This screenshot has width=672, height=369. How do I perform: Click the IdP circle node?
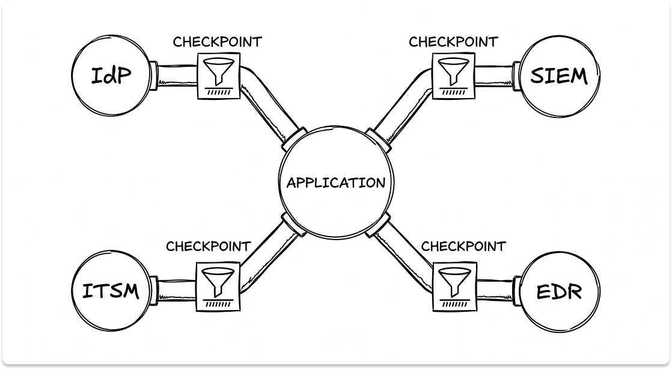pos(111,77)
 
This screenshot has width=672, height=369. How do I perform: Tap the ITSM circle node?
pos(111,291)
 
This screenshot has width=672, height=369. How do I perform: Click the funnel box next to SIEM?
pos(453,75)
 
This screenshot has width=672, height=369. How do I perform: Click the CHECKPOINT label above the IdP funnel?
pos(218,42)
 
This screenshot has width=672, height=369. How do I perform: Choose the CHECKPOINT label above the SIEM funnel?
pos(453,42)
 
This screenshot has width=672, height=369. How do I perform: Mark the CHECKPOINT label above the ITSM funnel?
pos(208,246)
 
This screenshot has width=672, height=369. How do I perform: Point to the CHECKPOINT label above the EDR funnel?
pos(463,246)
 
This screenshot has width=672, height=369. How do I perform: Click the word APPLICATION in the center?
pos(335,183)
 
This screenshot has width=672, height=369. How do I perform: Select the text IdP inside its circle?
pos(111,76)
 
